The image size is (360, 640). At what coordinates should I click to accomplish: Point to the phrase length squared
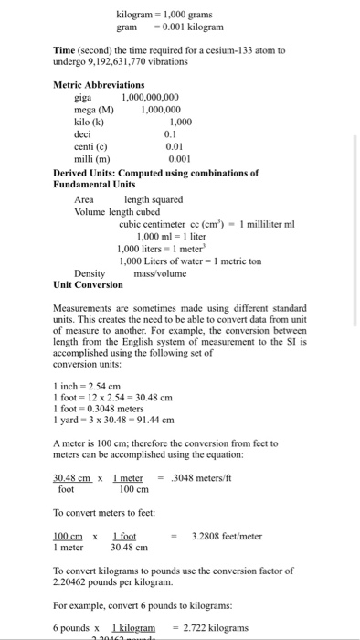(154, 199)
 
